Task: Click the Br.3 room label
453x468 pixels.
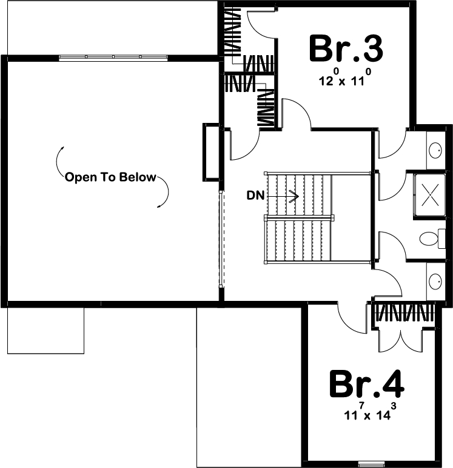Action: pos(346,48)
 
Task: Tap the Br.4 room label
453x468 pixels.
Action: pos(366,383)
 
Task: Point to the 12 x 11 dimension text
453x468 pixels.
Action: pos(344,81)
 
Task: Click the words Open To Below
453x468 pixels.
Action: pos(110,177)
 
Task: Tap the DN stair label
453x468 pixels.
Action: pos(255,196)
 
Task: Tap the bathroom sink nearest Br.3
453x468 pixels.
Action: pos(435,150)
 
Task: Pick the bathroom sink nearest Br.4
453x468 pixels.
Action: pos(435,281)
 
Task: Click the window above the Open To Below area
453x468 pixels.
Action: pos(113,57)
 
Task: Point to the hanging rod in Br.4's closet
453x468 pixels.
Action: pos(403,313)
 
